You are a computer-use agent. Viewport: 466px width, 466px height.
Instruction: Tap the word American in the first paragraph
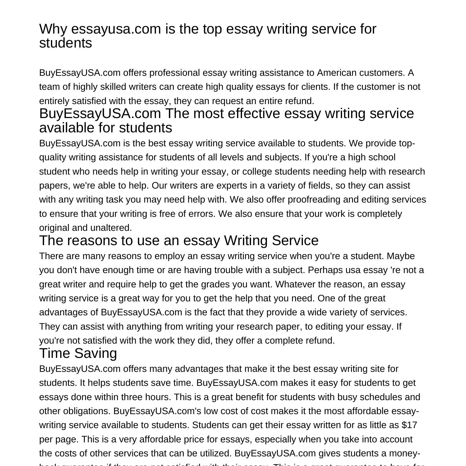tap(336, 73)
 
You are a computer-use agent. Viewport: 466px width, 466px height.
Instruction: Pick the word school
tap(382, 157)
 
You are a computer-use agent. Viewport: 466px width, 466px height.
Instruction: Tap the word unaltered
tap(111, 228)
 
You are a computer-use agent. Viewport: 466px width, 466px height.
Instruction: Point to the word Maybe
tap(401, 256)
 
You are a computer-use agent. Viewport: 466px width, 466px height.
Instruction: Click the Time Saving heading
tap(78, 354)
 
